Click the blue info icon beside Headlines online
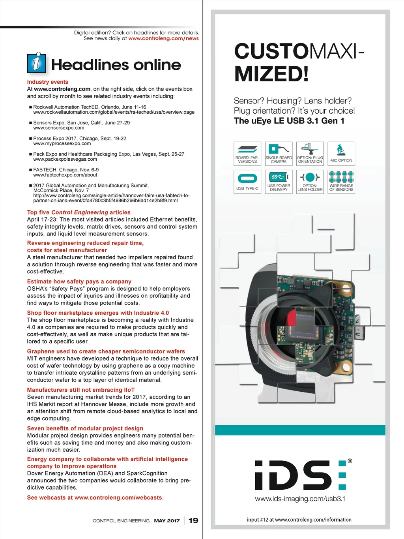pos(36,62)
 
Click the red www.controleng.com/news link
pos(163,38)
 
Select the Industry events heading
pos(48,82)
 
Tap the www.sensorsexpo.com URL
pos(59,128)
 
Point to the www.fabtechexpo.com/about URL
pos(65,175)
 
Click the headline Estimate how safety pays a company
pos(79,282)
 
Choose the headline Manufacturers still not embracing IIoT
pos(81,390)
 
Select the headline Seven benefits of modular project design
pos(85,428)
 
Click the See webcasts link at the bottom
pos(95,498)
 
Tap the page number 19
pos(193,520)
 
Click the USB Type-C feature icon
pos(247,182)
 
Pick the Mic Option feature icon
pos(341,154)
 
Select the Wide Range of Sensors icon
pos(341,182)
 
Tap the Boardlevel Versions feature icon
pos(247,154)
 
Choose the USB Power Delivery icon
pos(279,182)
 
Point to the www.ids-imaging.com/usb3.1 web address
pos(300,499)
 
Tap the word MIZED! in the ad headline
pos(271,74)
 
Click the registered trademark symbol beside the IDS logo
pos(350,461)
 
